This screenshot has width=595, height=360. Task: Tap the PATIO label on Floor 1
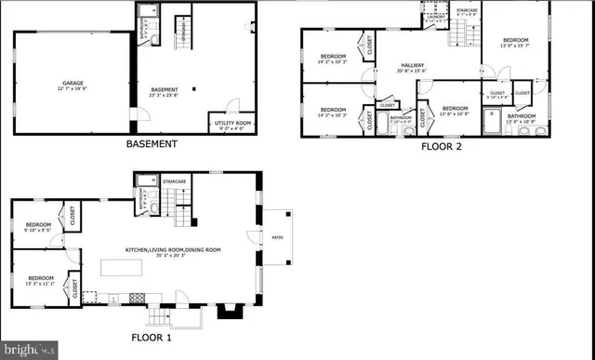coord(276,234)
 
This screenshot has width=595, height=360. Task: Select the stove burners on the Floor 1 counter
coord(136,299)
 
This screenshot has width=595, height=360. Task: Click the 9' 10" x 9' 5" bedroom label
coord(37,228)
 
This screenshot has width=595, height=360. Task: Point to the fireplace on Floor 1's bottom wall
coord(228,311)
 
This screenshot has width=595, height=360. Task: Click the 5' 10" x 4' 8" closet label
coord(497,96)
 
